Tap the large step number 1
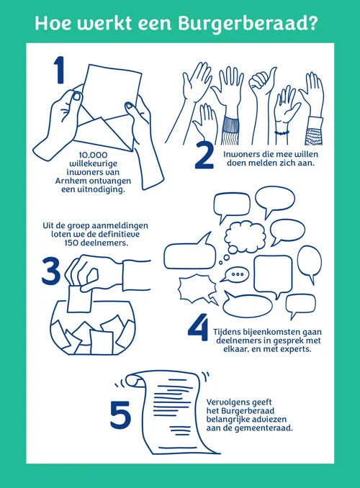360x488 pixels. click(x=59, y=70)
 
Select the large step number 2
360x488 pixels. click(x=204, y=156)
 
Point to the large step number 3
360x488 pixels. click(x=51, y=271)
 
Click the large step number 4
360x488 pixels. click(x=198, y=327)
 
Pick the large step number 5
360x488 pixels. click(x=120, y=415)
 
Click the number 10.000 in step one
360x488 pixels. click(x=93, y=155)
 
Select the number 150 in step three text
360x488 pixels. click(x=71, y=243)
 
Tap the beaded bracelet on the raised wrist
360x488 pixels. click(x=282, y=133)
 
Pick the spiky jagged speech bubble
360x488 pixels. click(x=198, y=289)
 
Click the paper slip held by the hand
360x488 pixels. click(x=79, y=299)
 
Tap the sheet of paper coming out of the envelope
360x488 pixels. click(x=112, y=90)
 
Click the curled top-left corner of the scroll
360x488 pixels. click(x=132, y=380)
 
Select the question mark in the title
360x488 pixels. click(x=311, y=22)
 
